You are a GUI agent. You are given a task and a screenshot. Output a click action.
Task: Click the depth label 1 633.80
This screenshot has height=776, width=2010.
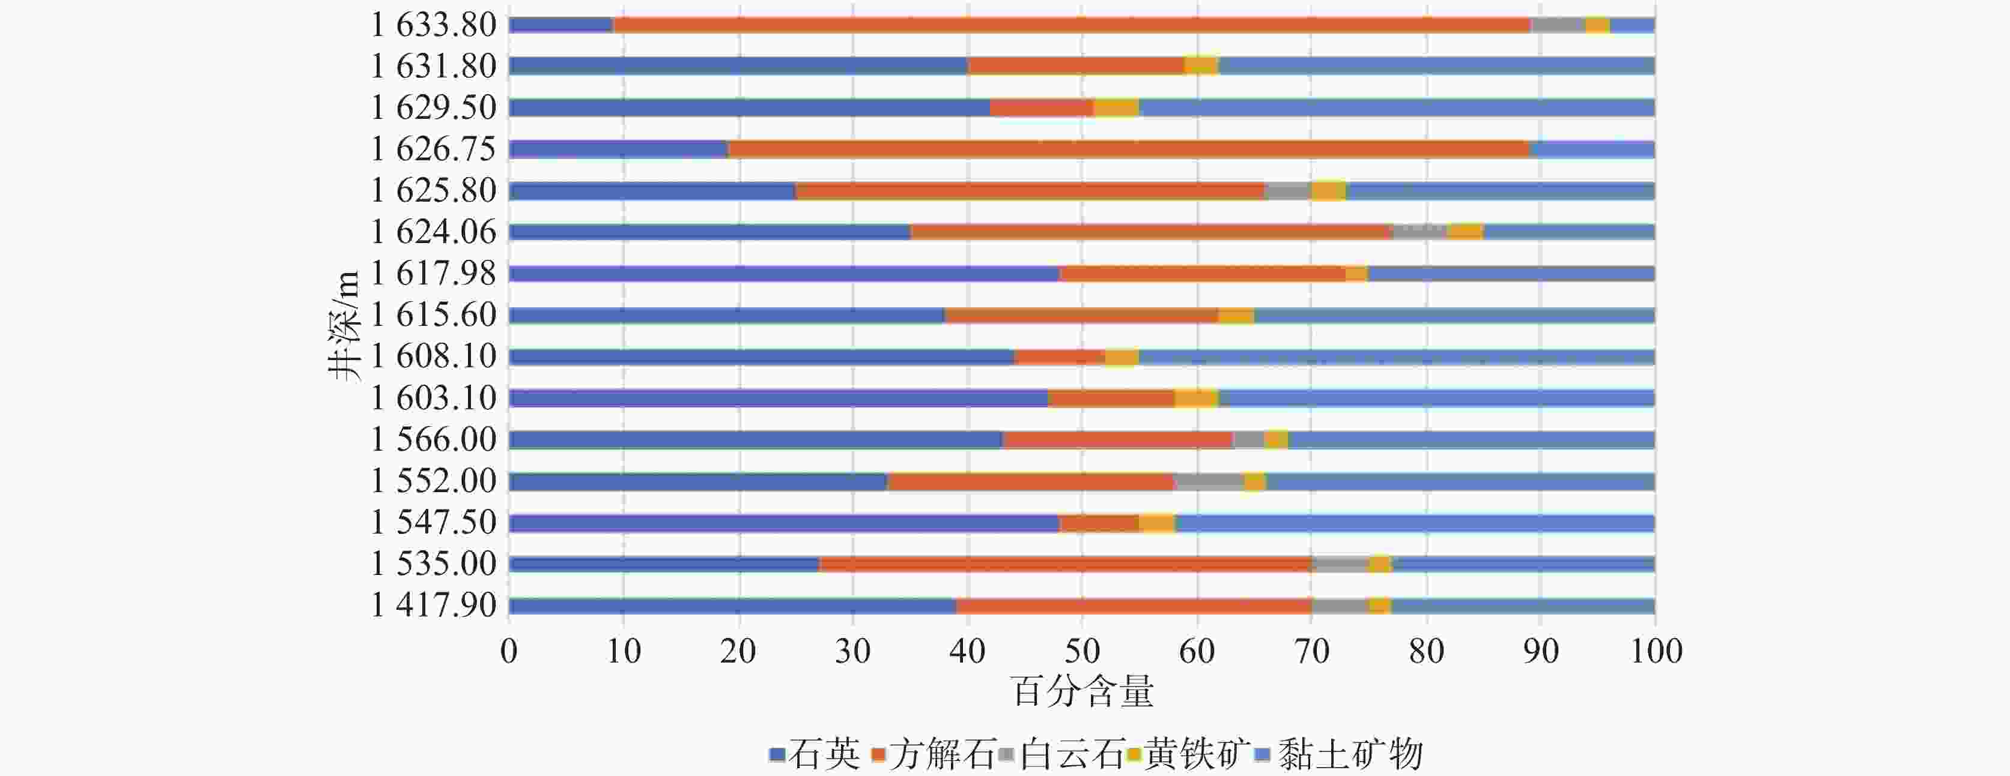point(433,25)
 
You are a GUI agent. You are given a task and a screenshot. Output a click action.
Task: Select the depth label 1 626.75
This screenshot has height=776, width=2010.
point(433,149)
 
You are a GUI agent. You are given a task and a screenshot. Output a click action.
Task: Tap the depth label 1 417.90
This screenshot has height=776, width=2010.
point(433,605)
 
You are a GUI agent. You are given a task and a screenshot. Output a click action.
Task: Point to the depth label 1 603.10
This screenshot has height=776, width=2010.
point(433,398)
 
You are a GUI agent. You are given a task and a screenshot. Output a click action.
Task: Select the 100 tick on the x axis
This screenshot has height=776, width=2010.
point(1656,651)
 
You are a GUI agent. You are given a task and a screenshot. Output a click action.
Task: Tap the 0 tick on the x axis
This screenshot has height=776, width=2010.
point(509,651)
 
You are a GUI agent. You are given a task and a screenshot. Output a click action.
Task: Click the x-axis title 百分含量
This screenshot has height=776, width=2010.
point(1082,692)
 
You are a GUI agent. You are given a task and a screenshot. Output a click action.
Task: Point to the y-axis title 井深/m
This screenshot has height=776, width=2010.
point(344,325)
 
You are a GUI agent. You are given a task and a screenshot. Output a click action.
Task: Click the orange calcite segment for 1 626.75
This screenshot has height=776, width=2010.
point(1128,149)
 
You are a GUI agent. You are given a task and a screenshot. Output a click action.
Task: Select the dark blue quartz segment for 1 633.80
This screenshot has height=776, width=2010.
point(561,25)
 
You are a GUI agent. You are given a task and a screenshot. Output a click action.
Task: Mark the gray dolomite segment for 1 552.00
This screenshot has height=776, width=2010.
point(1209,481)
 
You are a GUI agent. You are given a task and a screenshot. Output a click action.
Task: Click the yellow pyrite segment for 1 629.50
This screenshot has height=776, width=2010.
point(1117,107)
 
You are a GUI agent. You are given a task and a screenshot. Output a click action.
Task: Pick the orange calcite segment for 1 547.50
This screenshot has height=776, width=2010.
point(1099,523)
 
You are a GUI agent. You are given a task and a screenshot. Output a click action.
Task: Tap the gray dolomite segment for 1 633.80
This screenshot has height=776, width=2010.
point(1558,25)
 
